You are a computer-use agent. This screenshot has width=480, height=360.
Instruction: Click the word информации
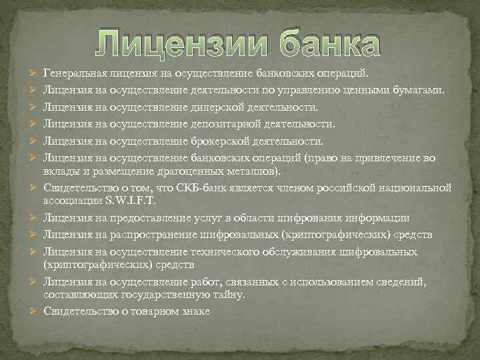(x=379, y=218)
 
